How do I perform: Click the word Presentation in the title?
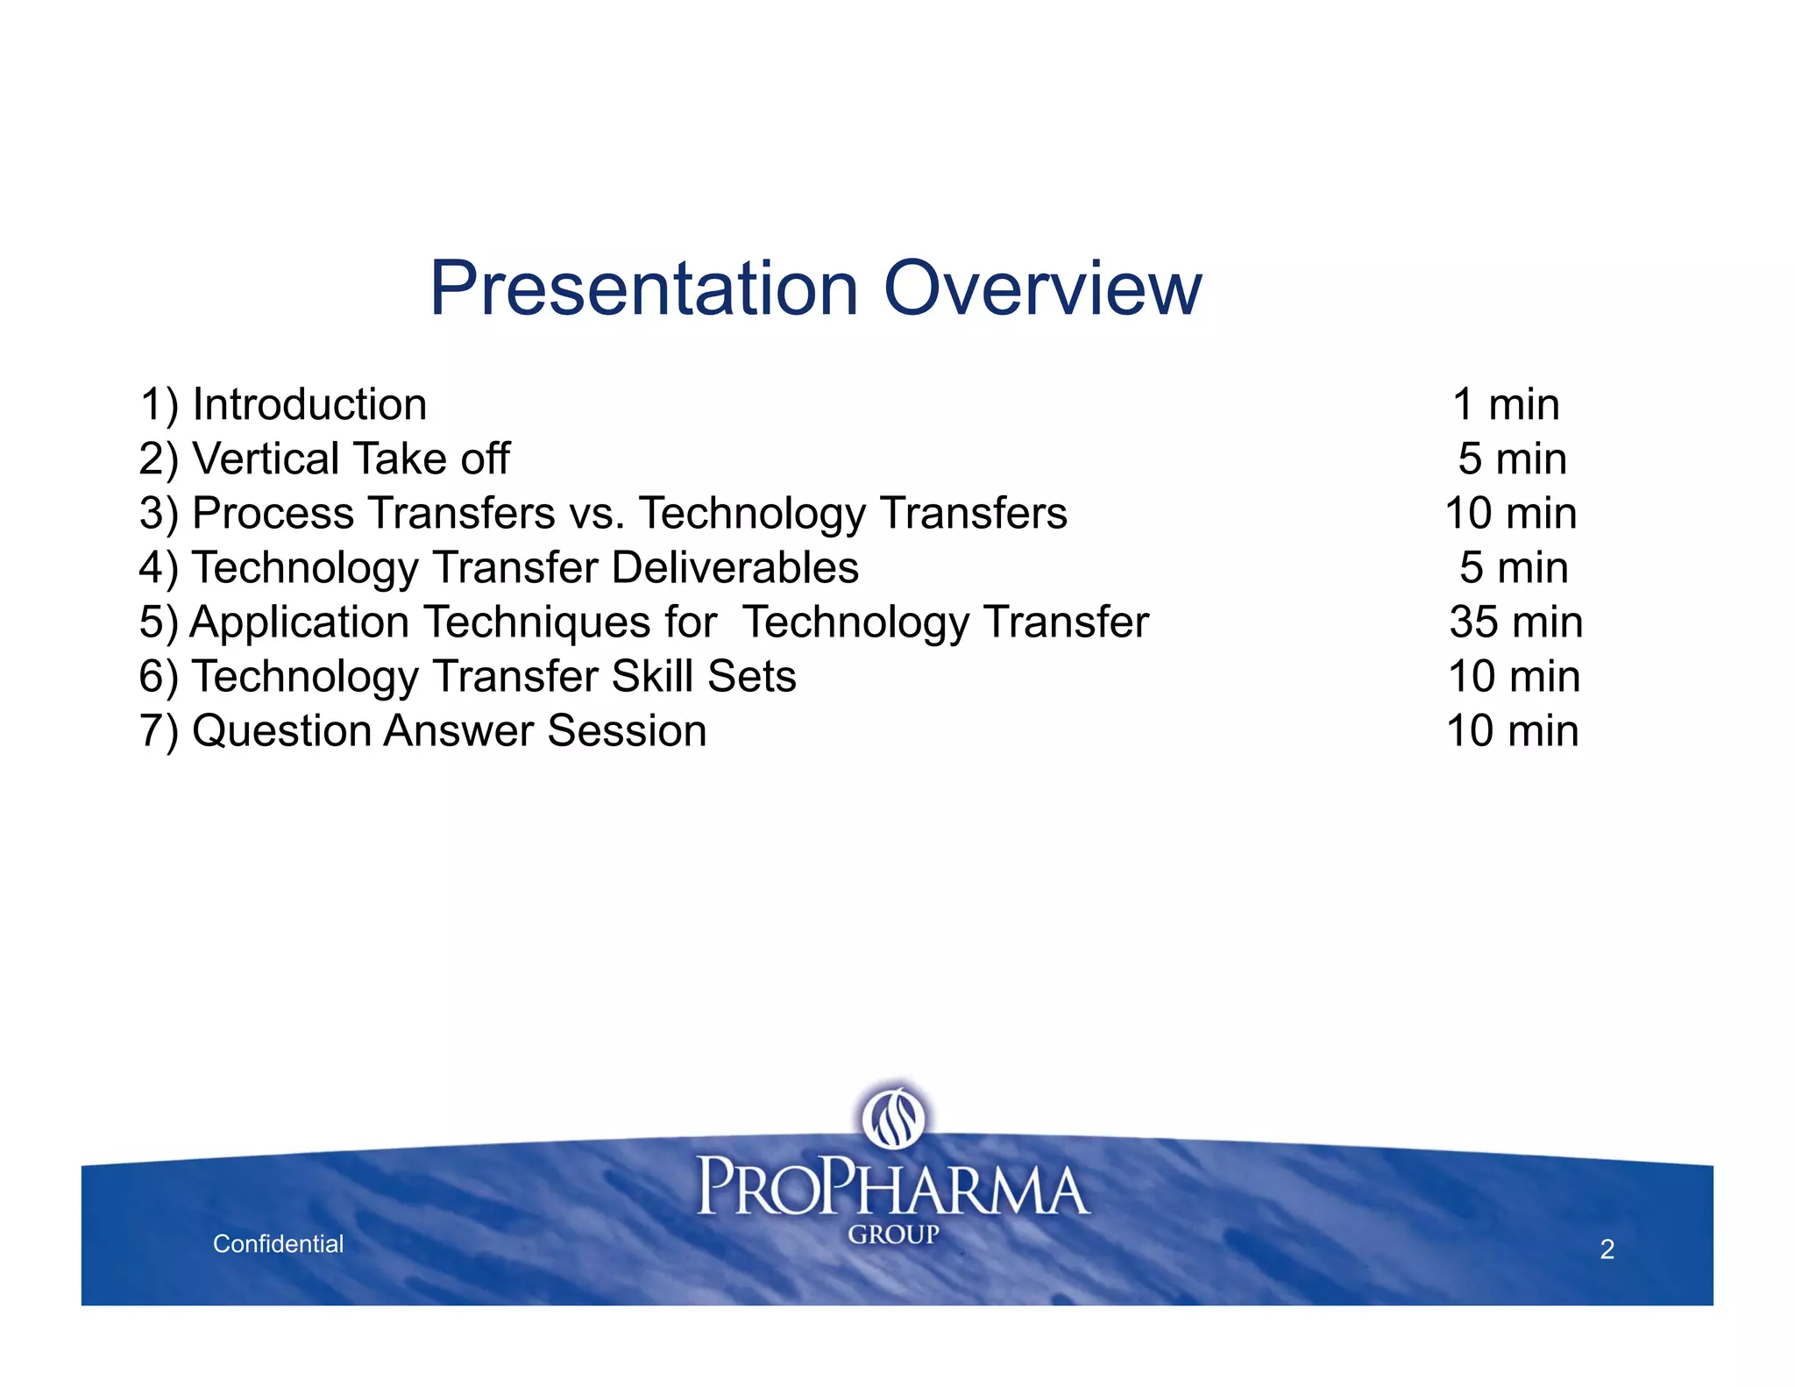(x=643, y=288)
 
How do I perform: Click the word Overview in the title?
(x=1042, y=288)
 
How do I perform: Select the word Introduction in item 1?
(x=309, y=405)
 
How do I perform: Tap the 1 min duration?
(x=1506, y=405)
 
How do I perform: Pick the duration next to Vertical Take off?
(x=1512, y=459)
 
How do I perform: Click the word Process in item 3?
(x=273, y=514)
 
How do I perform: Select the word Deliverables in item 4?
(x=734, y=568)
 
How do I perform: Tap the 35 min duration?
(x=1515, y=622)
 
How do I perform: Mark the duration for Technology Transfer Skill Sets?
(x=1514, y=677)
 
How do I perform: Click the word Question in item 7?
(x=280, y=731)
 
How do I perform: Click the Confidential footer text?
(x=278, y=1243)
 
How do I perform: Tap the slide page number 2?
(x=1607, y=1249)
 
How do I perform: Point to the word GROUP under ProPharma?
(x=893, y=1234)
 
